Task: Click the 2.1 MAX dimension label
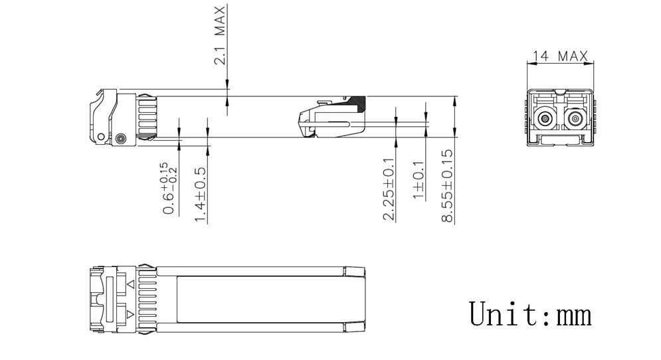tap(220, 35)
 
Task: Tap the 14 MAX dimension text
tap(560, 56)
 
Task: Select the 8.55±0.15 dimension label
tap(447, 185)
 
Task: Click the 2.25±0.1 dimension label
tap(389, 189)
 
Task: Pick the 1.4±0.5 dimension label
tap(200, 195)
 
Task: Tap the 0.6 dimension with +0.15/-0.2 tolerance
tap(170, 188)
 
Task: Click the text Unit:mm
tap(530, 314)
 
